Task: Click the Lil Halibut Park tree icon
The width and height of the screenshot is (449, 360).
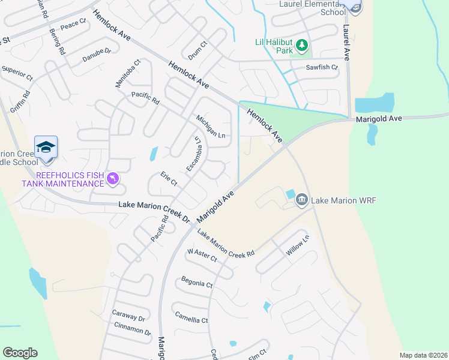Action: click(x=303, y=45)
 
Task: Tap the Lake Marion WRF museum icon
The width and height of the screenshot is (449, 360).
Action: click(x=302, y=199)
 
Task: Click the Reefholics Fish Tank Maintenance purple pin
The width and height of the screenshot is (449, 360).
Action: click(x=112, y=178)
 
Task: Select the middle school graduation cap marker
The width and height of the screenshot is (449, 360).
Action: click(x=46, y=147)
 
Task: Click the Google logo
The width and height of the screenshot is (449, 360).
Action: click(x=20, y=353)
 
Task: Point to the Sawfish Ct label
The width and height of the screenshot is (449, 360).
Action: click(x=322, y=68)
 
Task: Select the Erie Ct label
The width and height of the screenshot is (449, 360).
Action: click(x=169, y=178)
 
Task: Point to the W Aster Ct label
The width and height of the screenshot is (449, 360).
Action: click(x=202, y=256)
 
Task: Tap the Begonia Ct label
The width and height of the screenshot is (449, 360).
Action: click(x=197, y=283)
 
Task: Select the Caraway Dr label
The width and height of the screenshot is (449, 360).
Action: click(x=129, y=316)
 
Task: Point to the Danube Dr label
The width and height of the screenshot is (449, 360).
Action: click(x=97, y=55)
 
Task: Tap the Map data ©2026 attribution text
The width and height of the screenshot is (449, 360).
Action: click(x=423, y=355)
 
